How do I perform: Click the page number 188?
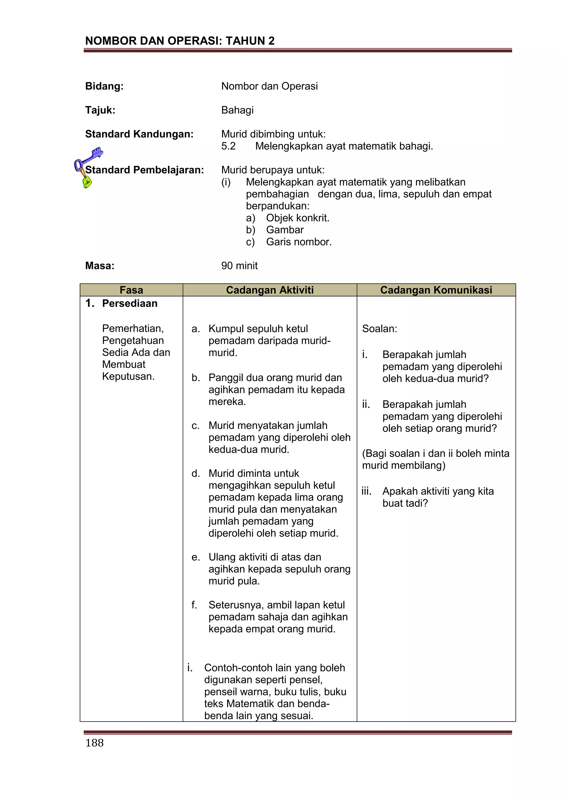click(94, 743)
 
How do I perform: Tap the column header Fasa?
click(131, 290)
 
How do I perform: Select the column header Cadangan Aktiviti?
click(270, 290)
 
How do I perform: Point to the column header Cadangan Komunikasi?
click(436, 290)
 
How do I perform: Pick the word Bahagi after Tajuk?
click(238, 110)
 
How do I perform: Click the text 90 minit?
click(239, 266)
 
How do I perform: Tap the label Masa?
click(100, 266)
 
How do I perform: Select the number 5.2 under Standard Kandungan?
click(228, 146)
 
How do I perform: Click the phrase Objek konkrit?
click(297, 218)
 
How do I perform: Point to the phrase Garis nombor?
click(299, 242)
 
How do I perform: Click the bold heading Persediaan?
click(130, 303)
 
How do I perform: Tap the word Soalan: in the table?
click(379, 329)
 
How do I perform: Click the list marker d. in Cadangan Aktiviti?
click(195, 473)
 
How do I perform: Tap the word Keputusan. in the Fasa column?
click(128, 376)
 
